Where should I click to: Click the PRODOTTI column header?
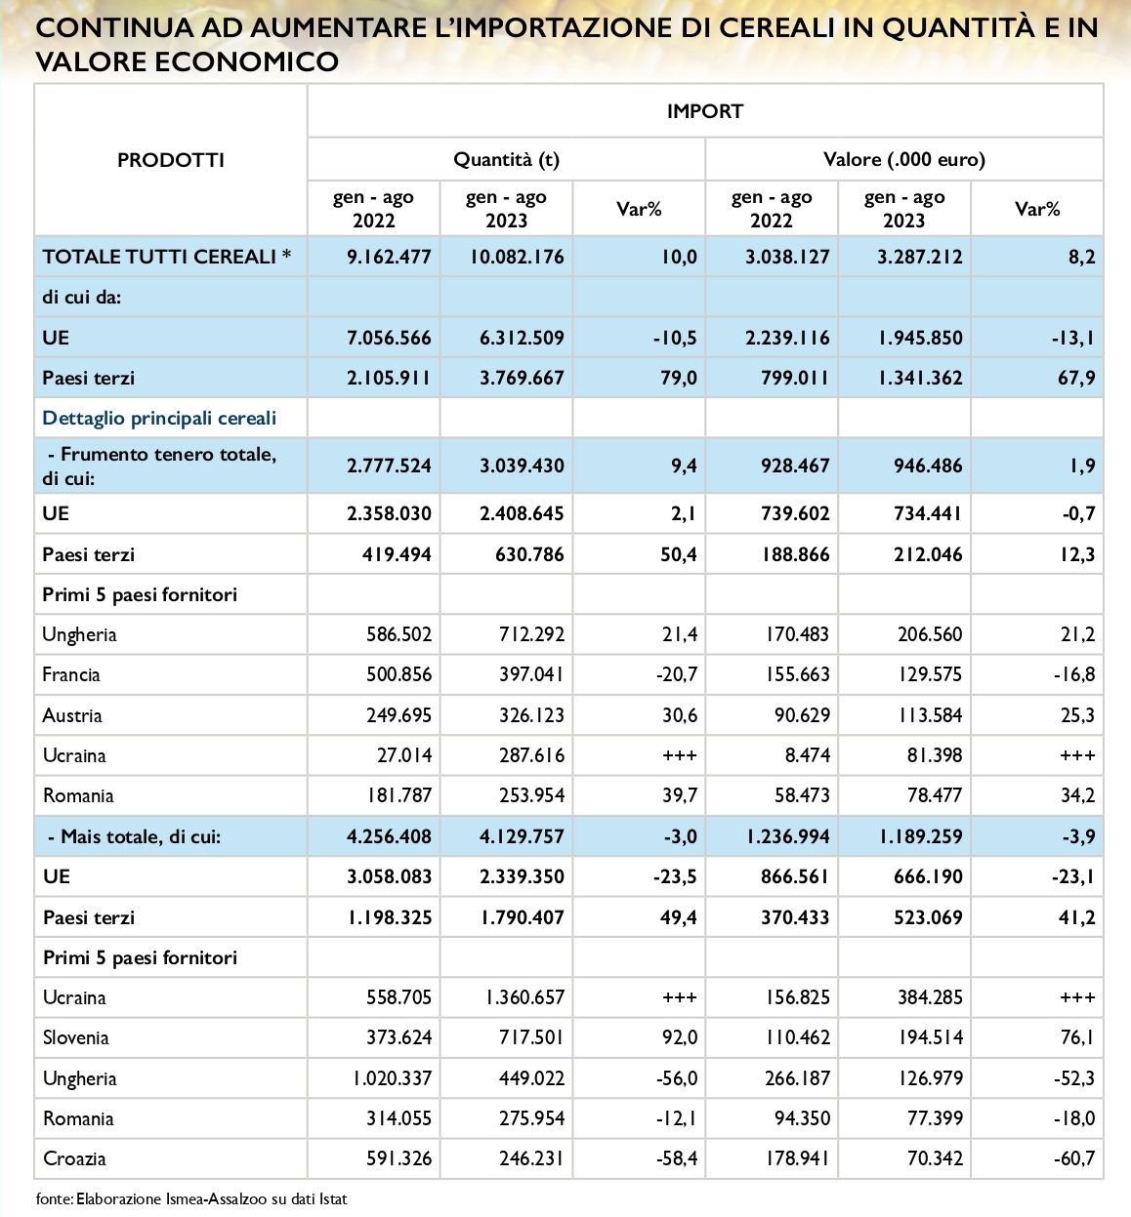coord(171,160)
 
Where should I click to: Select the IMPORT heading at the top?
coord(705,111)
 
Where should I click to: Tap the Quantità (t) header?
coord(506,159)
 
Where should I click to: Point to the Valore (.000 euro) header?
coord(904,159)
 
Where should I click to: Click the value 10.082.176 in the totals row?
coord(517,256)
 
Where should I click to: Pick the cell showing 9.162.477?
coord(389,256)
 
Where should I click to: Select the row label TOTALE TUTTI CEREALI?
coord(159,256)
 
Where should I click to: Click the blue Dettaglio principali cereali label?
coord(159,418)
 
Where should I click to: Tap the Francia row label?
coord(71,674)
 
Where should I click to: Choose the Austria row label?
coord(71,715)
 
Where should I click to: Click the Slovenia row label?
coord(76,1037)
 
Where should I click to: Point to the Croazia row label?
coord(74,1158)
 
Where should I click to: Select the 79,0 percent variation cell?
coord(680,378)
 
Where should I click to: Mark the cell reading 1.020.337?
coord(392,1077)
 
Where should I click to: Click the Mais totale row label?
coord(135,835)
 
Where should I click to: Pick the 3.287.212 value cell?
coord(919,256)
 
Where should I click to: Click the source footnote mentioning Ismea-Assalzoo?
coord(191,1198)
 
